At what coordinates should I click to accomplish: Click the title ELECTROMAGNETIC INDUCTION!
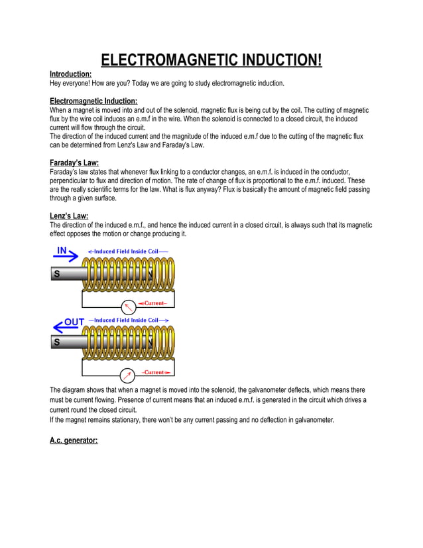pos(211,61)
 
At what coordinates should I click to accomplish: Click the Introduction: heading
pos(70,74)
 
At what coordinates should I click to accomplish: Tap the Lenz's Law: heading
pos(69,216)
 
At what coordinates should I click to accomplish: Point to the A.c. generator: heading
pos(74,440)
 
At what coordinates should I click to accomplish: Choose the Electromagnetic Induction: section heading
pos(93,101)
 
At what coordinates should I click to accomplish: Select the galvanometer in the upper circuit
pos(129,306)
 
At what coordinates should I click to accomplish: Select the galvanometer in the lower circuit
pos(129,372)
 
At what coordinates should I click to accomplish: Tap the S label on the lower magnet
pos(56,342)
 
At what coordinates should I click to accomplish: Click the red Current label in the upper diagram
pos(155,303)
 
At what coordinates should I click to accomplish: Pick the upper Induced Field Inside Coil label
pos(127,251)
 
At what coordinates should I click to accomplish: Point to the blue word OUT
pos(74,322)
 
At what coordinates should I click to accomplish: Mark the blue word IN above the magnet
pos(62,250)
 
